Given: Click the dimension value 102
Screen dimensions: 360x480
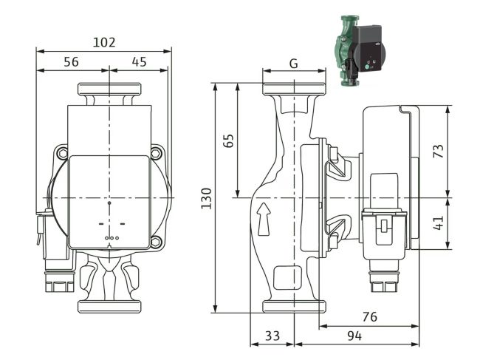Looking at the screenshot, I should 105,42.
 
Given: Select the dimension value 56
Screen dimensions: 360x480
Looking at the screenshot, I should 71,63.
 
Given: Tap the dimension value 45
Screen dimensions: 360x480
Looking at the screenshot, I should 138,63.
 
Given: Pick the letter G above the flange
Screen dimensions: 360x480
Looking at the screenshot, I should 293,64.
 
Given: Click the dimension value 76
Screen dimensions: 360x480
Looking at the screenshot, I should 369,316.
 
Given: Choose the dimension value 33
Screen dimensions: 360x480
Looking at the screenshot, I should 272,336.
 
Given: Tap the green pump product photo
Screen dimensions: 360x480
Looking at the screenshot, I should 357,49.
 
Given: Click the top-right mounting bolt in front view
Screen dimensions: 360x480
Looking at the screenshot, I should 156,154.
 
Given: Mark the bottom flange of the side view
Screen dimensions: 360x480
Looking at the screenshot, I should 293,305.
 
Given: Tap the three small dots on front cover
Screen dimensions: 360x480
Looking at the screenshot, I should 109,238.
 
